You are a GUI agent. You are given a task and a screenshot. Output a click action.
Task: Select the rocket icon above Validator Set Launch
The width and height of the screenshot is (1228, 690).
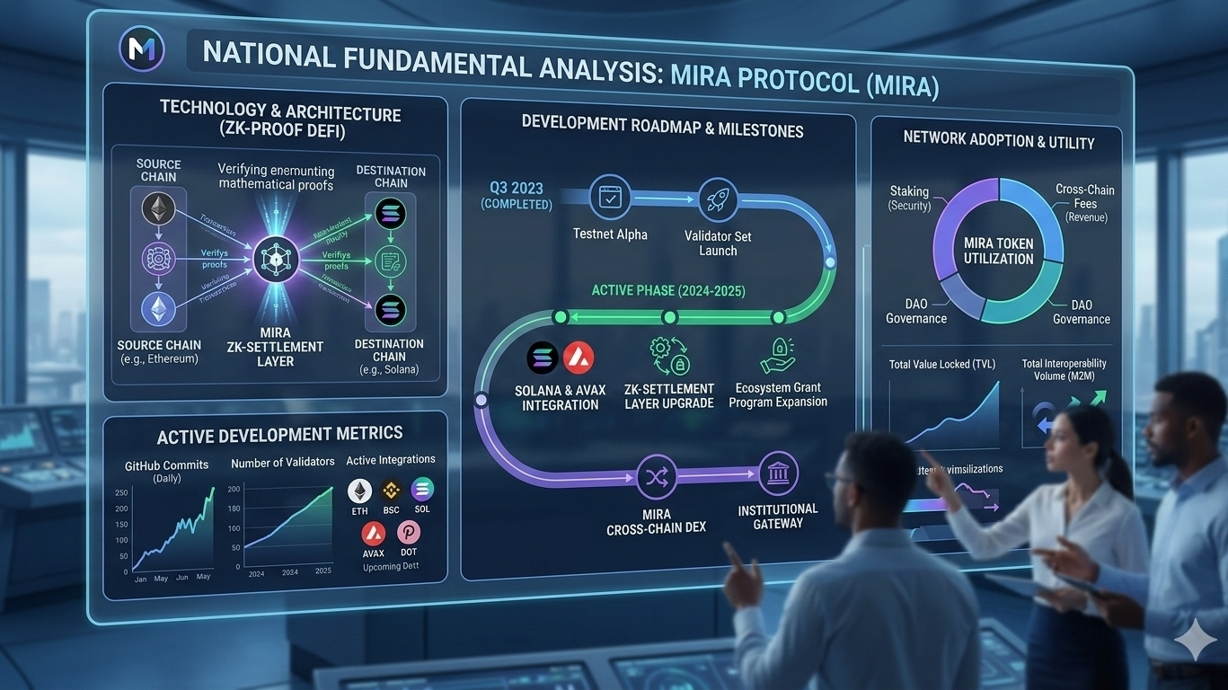[718, 199]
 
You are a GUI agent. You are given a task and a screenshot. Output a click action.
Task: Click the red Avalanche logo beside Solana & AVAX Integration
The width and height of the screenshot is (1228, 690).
[578, 359]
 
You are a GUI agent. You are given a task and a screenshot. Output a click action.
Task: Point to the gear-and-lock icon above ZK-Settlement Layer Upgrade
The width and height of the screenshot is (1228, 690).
[669, 357]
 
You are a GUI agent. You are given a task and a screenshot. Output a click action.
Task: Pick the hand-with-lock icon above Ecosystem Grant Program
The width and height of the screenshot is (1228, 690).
[777, 357]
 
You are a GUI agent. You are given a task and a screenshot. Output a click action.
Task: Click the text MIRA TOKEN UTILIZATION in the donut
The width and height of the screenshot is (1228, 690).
[999, 251]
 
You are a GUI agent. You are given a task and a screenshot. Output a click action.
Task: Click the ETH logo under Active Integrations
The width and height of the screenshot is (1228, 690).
[360, 491]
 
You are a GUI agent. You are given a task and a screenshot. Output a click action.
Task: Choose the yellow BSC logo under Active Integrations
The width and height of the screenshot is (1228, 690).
[391, 491]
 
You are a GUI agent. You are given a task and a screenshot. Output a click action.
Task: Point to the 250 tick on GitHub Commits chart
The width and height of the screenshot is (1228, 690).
[121, 493]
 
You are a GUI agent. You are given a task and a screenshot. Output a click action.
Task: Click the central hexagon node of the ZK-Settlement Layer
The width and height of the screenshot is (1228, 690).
[274, 260]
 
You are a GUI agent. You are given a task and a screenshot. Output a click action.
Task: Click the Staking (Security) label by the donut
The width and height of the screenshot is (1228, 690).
[909, 198]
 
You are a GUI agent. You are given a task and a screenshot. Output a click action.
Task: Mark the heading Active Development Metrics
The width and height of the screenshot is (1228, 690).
[279, 435]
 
